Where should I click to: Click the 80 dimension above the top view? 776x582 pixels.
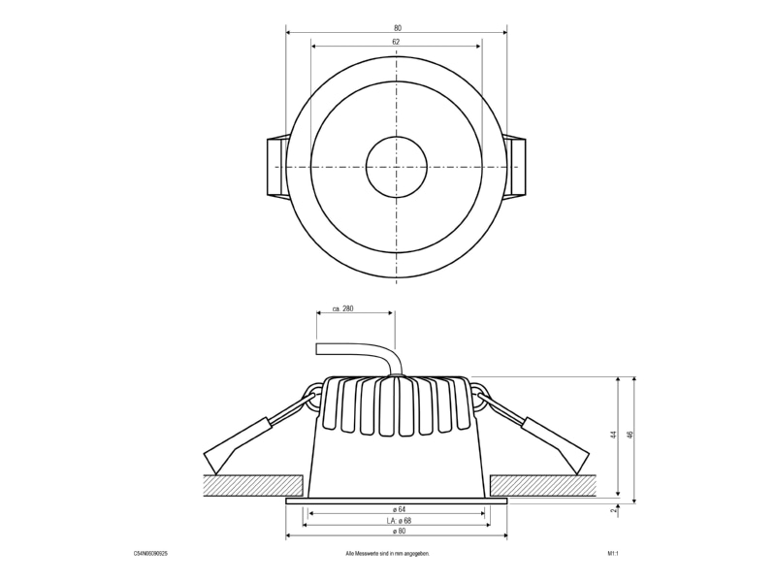tap(398, 28)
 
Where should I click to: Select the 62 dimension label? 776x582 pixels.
tap(396, 42)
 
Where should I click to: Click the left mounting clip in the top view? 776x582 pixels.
tap(276, 167)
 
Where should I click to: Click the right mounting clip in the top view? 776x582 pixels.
tap(515, 167)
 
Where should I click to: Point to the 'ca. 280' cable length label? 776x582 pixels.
tap(343, 308)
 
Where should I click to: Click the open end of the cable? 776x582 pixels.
tap(317, 349)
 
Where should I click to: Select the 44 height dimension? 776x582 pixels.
tap(614, 435)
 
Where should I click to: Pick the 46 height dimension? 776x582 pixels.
tap(630, 435)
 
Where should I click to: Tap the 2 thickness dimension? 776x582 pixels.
tap(614, 510)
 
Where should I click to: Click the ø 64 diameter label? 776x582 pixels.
tap(398, 509)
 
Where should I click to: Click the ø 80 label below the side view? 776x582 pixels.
tap(399, 531)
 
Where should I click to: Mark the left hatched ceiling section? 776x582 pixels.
tap(253, 486)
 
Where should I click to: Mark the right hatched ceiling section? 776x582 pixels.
tap(540, 486)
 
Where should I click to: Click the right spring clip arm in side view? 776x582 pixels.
tap(533, 431)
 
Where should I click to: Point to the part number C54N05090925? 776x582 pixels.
tap(150, 554)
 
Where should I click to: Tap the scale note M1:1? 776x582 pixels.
tap(613, 554)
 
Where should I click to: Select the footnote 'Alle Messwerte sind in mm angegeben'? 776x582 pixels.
tap(387, 554)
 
